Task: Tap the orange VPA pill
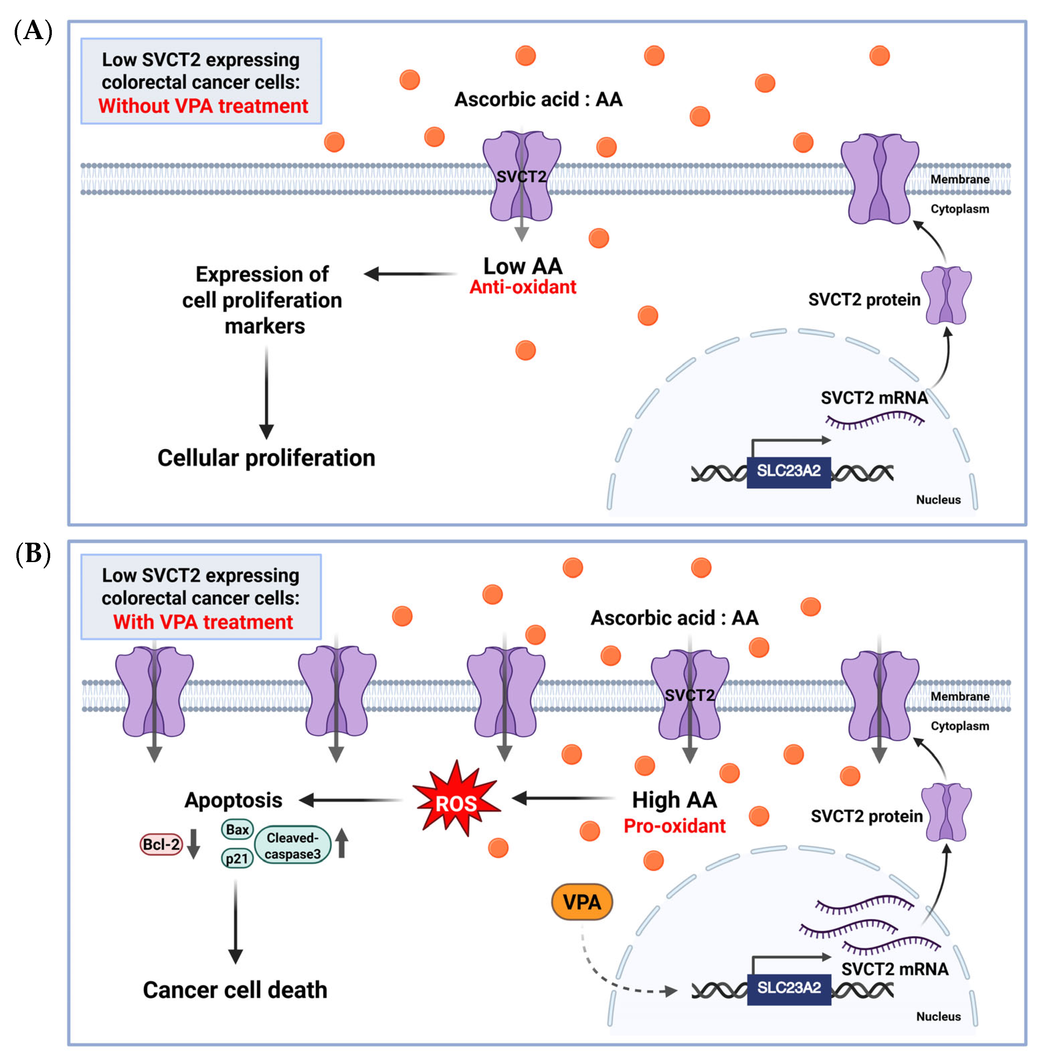click(582, 902)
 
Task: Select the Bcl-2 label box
click(161, 844)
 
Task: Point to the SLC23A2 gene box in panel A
click(789, 472)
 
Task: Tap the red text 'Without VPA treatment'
click(203, 106)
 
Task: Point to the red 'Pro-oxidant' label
click(675, 826)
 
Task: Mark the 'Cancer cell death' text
click(235, 990)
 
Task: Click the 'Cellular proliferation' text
click(267, 458)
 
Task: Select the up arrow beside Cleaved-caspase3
click(342, 842)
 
